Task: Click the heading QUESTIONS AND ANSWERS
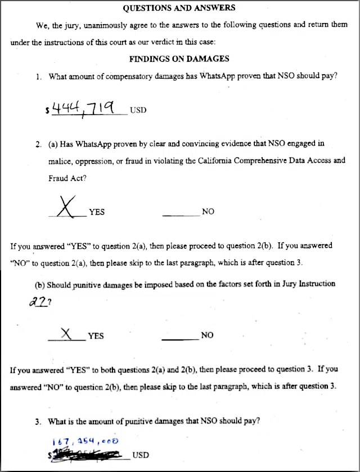pyautogui.click(x=179, y=8)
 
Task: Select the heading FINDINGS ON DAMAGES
pyautogui.click(x=179, y=58)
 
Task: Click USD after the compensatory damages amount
pyautogui.click(x=138, y=110)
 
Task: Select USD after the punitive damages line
pyautogui.click(x=141, y=455)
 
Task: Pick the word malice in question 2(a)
pyautogui.click(x=61, y=161)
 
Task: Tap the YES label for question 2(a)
pyautogui.click(x=96, y=212)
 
